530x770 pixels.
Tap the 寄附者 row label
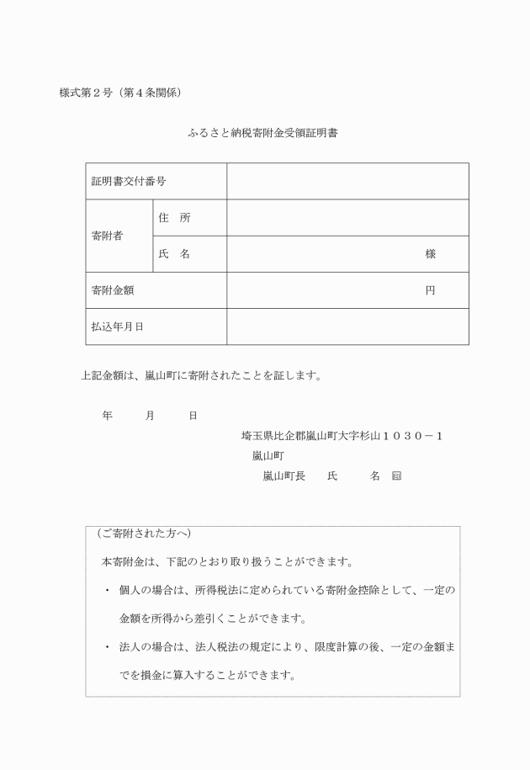coord(107,236)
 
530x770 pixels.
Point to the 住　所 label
coord(174,218)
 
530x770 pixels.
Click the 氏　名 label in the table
coord(174,254)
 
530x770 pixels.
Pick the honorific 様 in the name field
coord(430,254)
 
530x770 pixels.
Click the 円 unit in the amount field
coord(430,290)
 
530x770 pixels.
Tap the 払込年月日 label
coord(117,327)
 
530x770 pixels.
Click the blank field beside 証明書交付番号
coord(347,182)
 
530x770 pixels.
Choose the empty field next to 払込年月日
coord(347,327)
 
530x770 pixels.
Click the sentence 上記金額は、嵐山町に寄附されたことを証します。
coord(201,375)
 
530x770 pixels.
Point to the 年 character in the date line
coord(107,416)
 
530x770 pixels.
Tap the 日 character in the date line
coord(193,416)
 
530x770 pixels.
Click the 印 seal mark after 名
coord(396,476)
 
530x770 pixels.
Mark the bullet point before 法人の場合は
coord(108,647)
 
